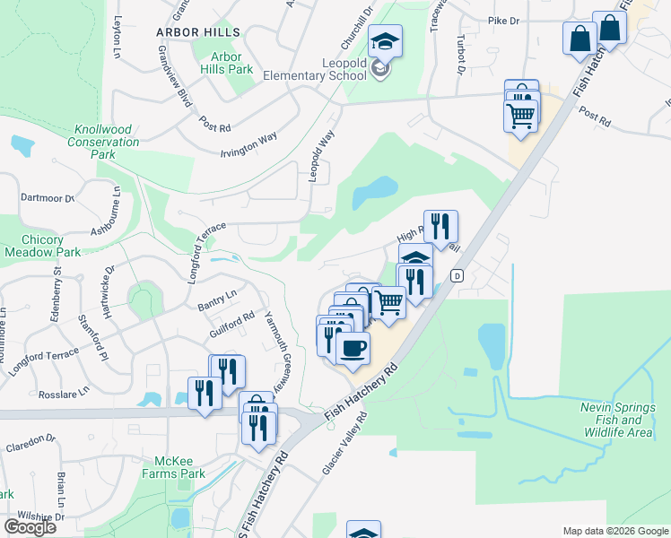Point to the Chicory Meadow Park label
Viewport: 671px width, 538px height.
pos(43,246)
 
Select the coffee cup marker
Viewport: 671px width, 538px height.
pos(353,346)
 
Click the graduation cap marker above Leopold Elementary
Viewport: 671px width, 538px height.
pos(385,41)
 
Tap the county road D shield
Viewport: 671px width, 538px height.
pos(457,274)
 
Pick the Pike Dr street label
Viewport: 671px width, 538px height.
pos(504,20)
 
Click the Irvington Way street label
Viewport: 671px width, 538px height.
pos(248,145)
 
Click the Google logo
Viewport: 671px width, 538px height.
pos(30,527)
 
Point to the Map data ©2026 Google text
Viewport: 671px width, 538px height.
pos(614,531)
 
